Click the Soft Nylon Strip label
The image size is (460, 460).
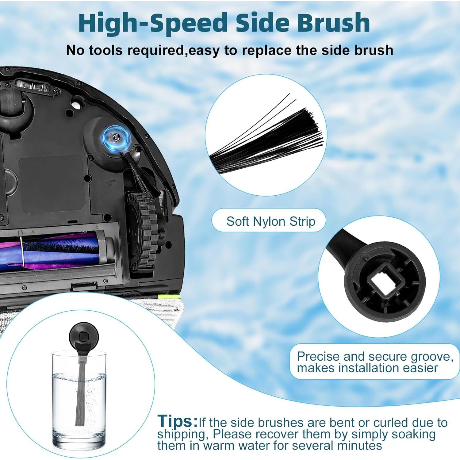tap(270, 221)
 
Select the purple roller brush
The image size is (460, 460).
tap(58, 251)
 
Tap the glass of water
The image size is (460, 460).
tap(79, 402)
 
